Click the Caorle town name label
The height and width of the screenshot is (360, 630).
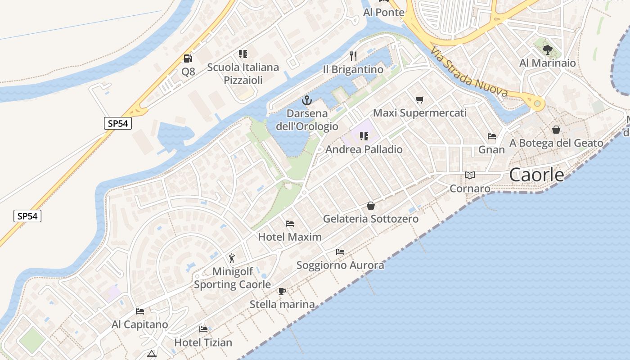coord(536,175)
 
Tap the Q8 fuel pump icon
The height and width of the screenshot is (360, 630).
coord(188,58)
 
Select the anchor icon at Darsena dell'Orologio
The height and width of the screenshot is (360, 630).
coord(307,100)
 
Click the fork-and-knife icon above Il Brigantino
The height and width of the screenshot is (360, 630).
coord(353,56)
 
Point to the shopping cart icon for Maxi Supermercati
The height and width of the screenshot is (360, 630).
coord(420,99)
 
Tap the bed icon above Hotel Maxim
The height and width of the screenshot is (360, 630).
coord(290,224)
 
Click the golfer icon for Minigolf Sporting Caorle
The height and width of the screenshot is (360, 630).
coord(232,258)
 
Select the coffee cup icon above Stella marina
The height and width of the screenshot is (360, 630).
coord(282,291)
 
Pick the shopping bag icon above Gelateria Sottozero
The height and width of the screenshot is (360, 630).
coord(371,206)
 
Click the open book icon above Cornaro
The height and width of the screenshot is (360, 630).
coord(470,175)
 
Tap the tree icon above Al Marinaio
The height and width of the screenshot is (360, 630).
coord(547,49)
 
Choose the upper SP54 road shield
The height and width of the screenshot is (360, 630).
coord(118,123)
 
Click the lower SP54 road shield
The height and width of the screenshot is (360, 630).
coord(27,216)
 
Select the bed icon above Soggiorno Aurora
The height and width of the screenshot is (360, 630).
coord(340,252)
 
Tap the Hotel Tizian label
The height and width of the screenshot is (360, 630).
coord(203,342)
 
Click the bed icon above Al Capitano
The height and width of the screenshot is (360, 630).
coord(140,311)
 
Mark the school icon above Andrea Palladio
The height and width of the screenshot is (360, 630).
coord(364,136)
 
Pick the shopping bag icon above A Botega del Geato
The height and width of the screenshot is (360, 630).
coord(556,130)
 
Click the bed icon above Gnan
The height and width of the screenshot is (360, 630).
coord(492,136)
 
